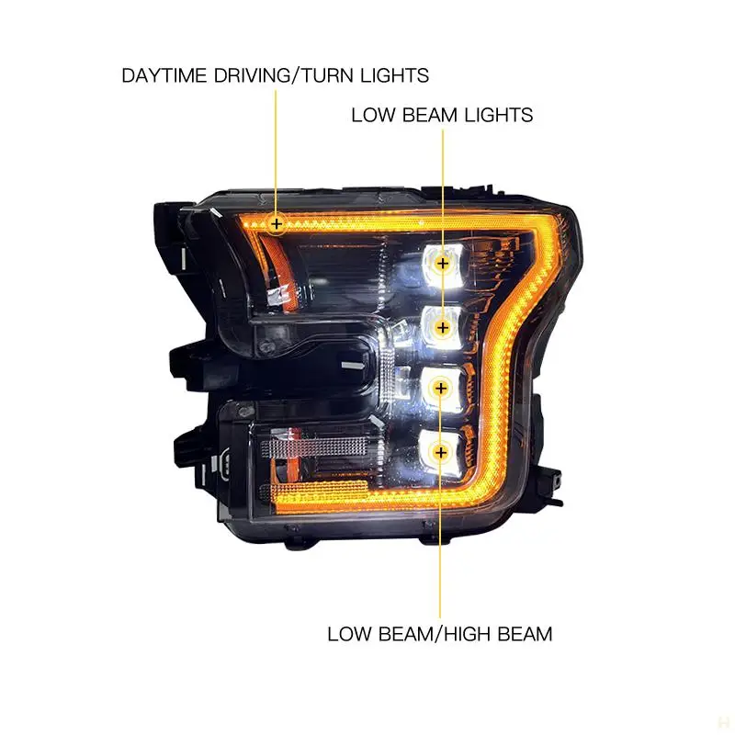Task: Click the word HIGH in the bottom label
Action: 458,634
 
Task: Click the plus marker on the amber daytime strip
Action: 277,223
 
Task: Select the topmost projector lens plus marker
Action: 443,264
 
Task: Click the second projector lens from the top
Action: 443,326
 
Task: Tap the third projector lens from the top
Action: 441,389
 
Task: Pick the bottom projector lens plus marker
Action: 441,451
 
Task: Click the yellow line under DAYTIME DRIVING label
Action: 277,147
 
